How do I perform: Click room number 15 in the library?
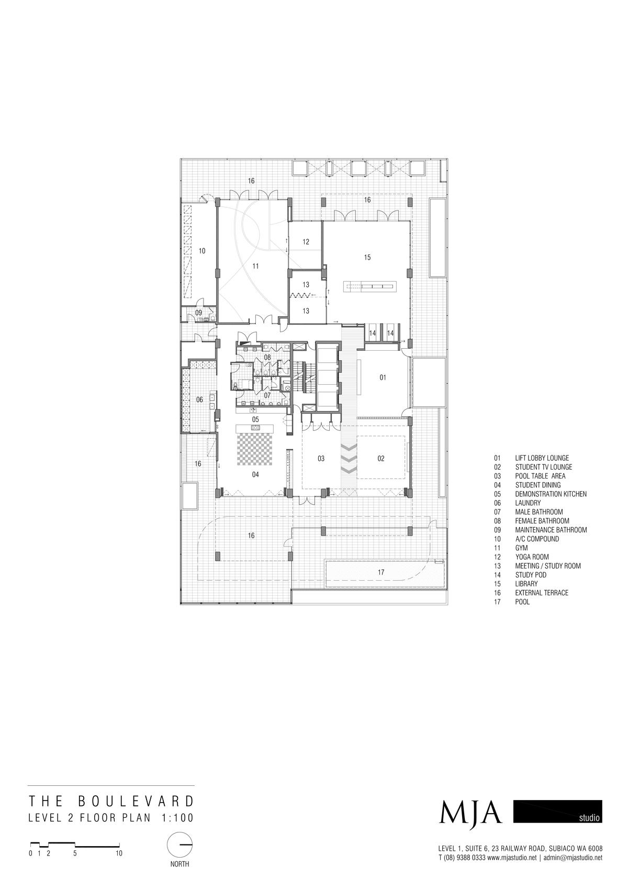point(367,258)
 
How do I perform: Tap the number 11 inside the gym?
point(255,266)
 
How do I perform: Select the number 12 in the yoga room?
point(306,242)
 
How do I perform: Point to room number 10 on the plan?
point(202,251)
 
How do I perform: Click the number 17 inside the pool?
point(381,572)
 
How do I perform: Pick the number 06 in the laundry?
point(199,399)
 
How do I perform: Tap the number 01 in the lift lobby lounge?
point(383,378)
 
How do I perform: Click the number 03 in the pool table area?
point(321,459)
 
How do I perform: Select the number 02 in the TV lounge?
point(381,459)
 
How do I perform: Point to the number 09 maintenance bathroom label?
point(198,313)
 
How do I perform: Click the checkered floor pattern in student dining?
point(255,449)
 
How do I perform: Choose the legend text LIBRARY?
point(526,584)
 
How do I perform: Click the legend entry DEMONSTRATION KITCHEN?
point(551,494)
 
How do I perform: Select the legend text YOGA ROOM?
point(532,557)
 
